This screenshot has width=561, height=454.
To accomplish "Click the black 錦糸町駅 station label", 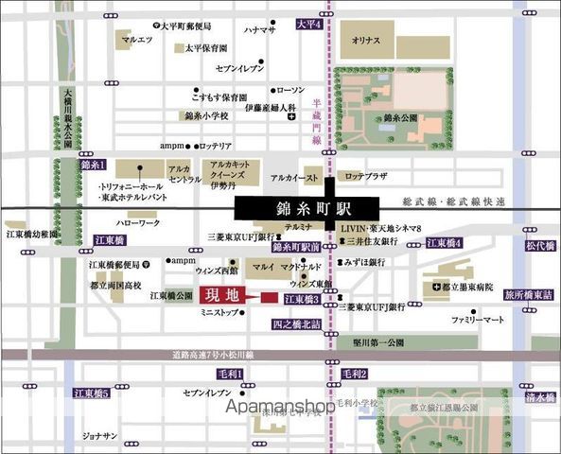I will click(x=307, y=207).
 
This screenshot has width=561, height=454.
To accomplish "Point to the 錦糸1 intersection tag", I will click(x=93, y=164).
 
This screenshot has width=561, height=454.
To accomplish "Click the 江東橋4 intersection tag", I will click(x=444, y=243).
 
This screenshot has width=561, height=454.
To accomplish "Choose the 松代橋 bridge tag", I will click(x=540, y=244).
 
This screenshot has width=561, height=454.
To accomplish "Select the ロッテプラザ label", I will click(x=367, y=176).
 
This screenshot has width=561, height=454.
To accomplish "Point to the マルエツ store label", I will click(x=137, y=40).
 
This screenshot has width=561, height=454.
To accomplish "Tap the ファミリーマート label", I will click(x=475, y=322).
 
